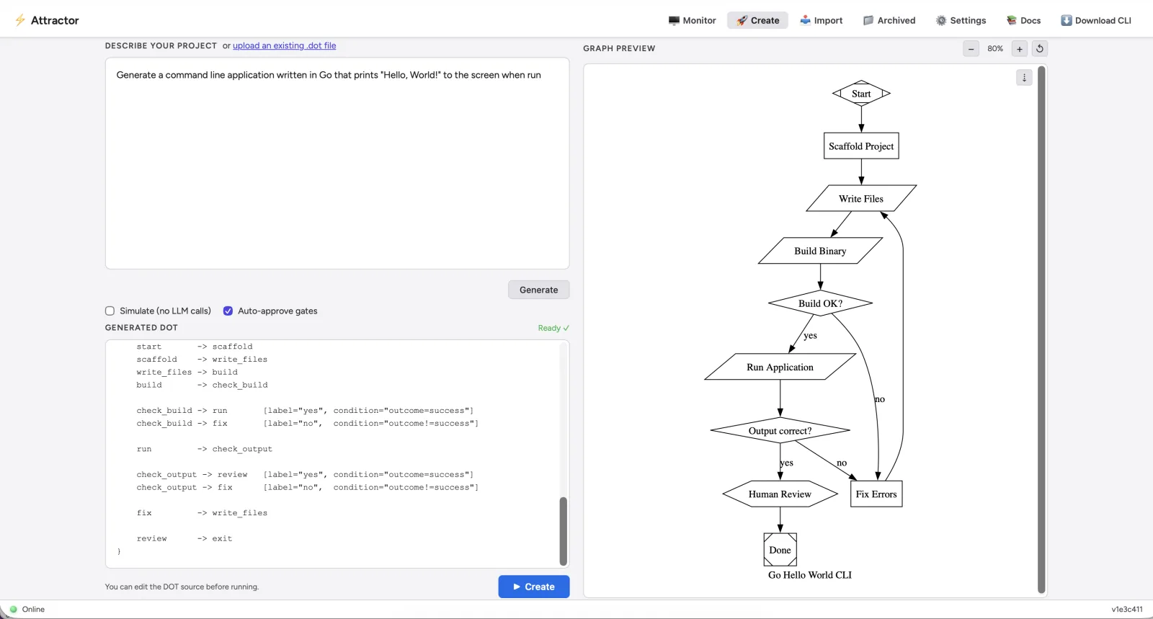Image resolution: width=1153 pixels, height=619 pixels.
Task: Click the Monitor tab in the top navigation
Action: point(692,20)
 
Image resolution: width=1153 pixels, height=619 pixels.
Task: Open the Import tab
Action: point(821,20)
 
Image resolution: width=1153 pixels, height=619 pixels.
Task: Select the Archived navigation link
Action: point(889,20)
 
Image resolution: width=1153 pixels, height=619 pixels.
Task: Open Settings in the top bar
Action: point(961,20)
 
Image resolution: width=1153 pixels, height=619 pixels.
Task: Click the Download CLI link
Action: point(1095,20)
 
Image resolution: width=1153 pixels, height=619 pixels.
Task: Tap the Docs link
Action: point(1023,20)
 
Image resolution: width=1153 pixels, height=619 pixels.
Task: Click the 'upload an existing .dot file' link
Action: point(284,45)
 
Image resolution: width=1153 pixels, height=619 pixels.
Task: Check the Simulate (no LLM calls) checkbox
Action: point(110,311)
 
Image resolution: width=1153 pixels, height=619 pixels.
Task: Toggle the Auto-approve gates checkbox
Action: point(228,311)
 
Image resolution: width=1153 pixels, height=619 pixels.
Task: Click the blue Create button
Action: point(533,587)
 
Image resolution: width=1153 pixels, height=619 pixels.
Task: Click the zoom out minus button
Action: point(971,49)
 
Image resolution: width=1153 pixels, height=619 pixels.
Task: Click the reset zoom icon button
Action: point(1040,49)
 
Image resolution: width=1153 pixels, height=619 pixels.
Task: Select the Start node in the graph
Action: point(861,94)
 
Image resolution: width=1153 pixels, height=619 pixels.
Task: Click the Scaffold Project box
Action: point(861,146)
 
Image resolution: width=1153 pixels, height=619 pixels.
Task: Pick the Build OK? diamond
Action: point(820,303)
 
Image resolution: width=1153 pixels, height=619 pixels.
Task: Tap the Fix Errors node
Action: point(876,494)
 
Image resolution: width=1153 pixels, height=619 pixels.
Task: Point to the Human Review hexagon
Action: point(780,494)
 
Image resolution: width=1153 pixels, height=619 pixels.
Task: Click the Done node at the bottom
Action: point(780,550)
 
